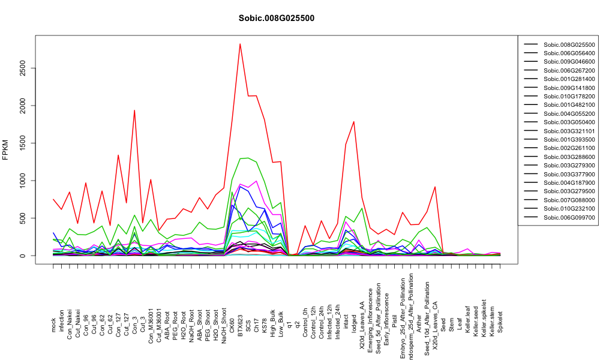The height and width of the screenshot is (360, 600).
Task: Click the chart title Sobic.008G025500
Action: point(276,19)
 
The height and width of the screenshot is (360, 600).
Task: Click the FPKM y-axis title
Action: point(5,150)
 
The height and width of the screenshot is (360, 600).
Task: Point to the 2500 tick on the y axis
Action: point(23,68)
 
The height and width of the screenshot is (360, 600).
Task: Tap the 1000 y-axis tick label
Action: point(23,181)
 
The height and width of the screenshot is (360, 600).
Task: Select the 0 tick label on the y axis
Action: point(23,256)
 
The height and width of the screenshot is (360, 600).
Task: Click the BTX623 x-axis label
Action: point(241,325)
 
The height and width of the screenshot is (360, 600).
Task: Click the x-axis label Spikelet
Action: point(500,322)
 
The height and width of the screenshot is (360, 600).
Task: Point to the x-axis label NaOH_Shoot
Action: point(224,320)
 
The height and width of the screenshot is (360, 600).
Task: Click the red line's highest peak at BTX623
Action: point(240,44)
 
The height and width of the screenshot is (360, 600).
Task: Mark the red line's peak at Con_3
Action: point(134,110)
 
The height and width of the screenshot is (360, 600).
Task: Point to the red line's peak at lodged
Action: point(354,122)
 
